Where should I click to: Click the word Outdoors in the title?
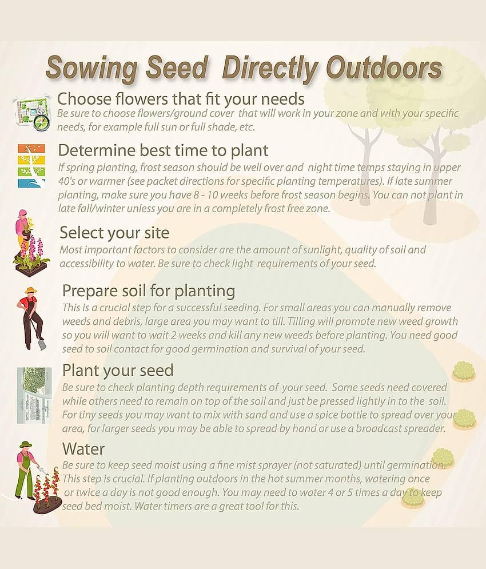(384, 68)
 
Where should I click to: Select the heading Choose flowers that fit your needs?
(181, 99)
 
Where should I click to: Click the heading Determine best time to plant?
(163, 150)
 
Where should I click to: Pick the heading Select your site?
(114, 233)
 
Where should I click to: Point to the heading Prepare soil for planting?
(149, 291)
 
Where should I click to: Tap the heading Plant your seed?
(118, 371)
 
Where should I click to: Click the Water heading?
(83, 449)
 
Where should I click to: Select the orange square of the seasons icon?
(31, 149)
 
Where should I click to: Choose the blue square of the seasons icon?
(31, 183)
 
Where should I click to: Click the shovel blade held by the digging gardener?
(42, 345)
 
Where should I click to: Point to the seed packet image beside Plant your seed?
(34, 395)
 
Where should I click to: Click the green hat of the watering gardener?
(26, 444)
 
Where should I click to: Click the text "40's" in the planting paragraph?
(66, 181)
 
